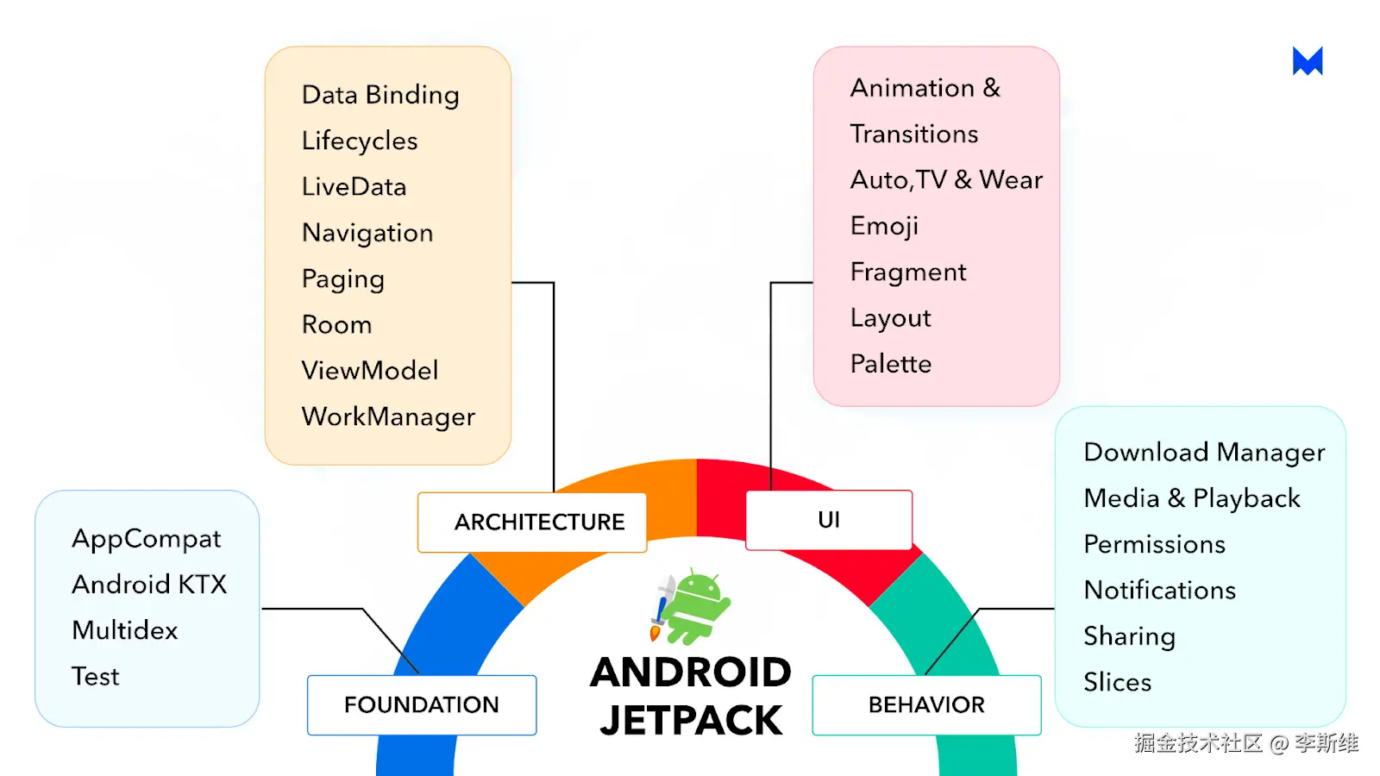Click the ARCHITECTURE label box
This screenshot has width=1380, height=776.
tap(532, 523)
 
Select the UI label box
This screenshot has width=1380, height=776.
tap(829, 520)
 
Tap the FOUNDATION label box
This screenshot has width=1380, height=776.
tap(422, 705)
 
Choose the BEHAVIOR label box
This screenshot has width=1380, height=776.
tap(926, 705)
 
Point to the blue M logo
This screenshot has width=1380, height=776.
tap(1308, 61)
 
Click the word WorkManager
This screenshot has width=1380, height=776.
tap(388, 417)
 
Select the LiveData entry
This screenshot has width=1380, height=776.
tap(354, 186)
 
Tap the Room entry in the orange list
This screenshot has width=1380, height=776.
tap(337, 324)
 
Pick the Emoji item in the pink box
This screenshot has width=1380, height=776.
tap(884, 227)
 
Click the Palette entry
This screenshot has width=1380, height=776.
tap(891, 364)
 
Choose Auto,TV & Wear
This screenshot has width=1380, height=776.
tap(946, 180)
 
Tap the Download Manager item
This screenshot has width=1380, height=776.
tap(1204, 453)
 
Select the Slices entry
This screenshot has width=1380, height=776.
tap(1118, 682)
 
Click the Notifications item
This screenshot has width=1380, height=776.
tap(1159, 590)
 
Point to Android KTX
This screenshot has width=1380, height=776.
tap(149, 585)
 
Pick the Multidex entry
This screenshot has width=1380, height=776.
tap(125, 630)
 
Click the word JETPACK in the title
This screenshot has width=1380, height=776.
tap(691, 721)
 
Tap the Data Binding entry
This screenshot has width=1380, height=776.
tap(380, 96)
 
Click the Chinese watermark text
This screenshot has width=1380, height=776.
tap(1245, 743)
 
